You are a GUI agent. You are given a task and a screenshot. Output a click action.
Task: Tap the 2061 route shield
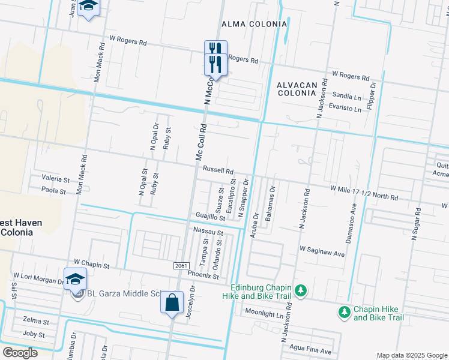click(181, 265)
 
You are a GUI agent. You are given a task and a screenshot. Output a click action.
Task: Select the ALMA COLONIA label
click(255, 24)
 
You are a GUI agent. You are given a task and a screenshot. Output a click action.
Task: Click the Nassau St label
click(208, 231)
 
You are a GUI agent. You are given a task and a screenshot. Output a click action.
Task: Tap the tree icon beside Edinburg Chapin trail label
click(301, 291)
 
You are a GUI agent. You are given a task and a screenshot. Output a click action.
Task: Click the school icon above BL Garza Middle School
click(76, 279)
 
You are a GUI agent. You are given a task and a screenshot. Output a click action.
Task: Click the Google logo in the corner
click(20, 352)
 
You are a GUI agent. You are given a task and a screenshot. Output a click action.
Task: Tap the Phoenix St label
click(203, 276)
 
